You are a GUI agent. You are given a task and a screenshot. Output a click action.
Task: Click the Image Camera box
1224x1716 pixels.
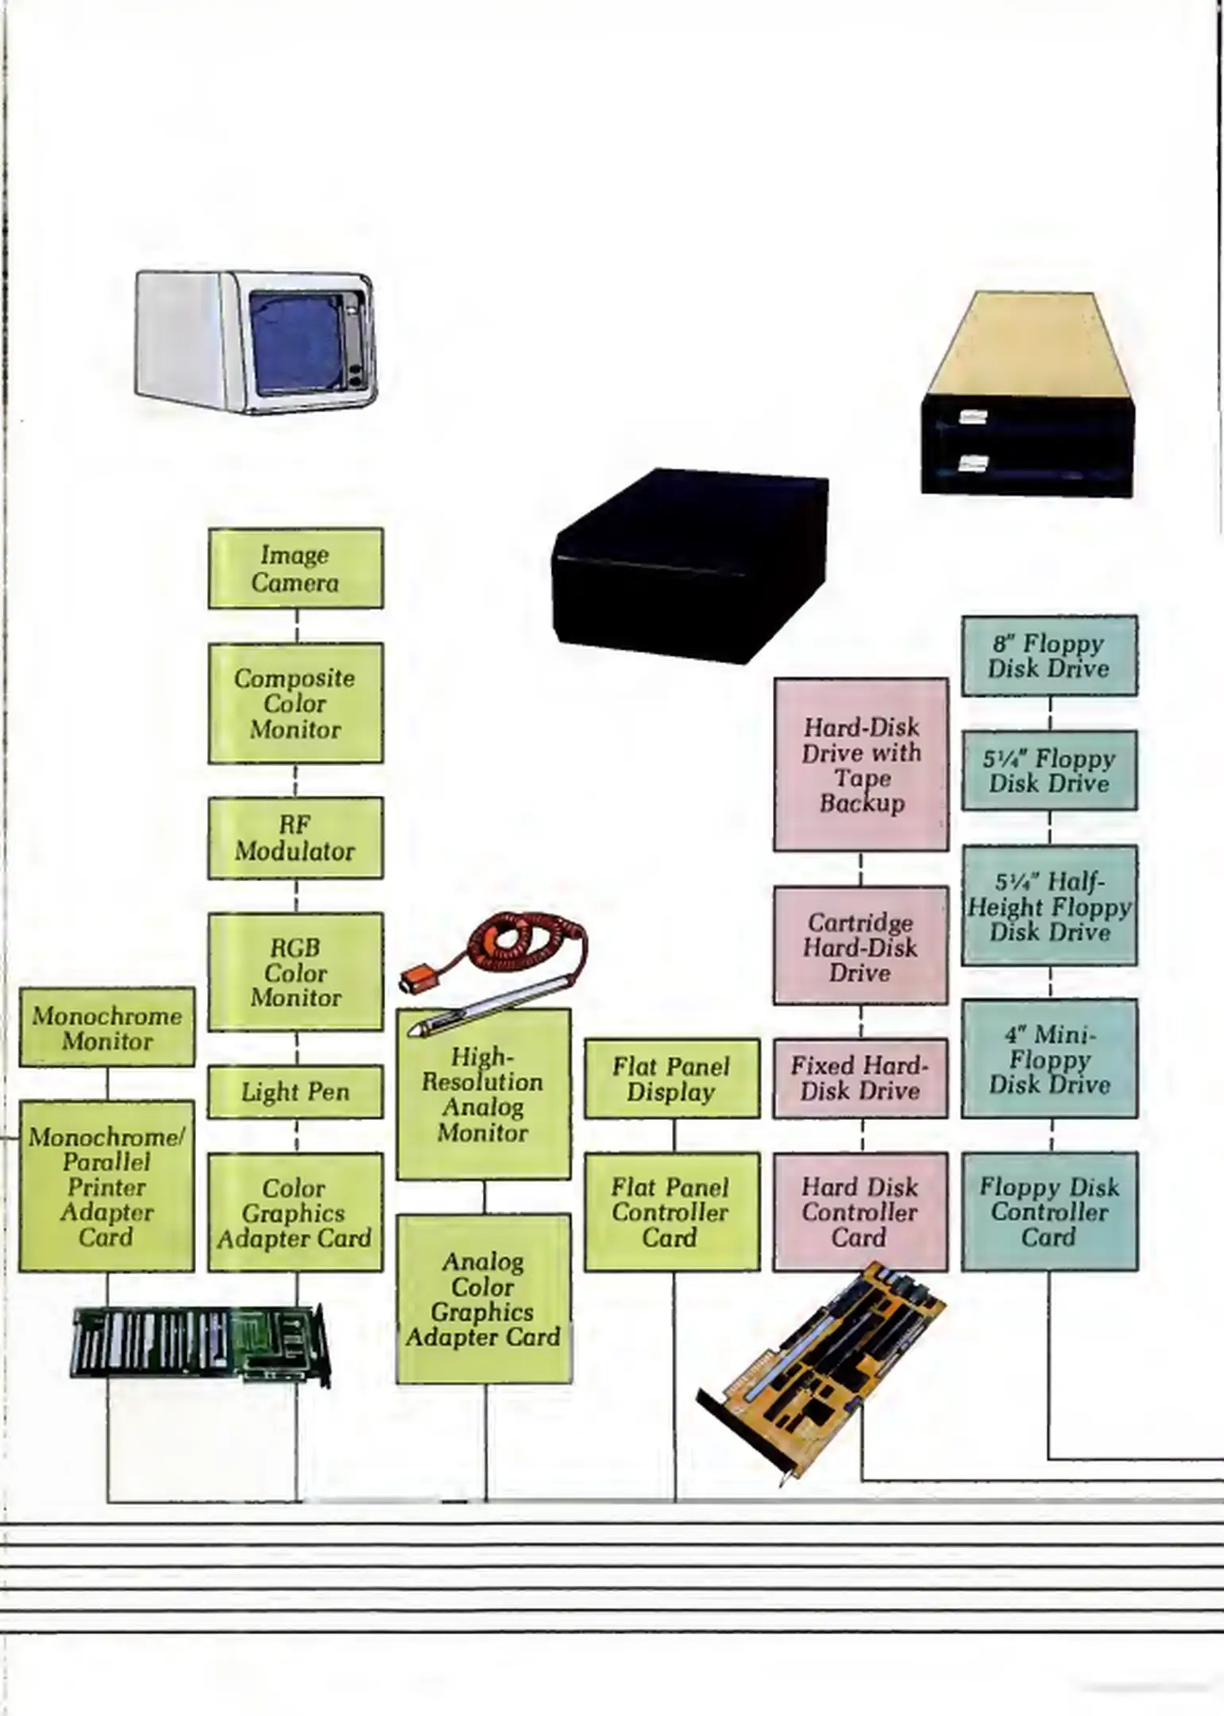coord(295,569)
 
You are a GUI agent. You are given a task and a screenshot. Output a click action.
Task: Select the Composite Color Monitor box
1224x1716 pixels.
coord(295,703)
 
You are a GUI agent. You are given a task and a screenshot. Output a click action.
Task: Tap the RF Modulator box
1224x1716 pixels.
coord(295,838)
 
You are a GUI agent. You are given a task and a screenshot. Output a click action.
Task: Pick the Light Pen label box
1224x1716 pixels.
coord(295,1092)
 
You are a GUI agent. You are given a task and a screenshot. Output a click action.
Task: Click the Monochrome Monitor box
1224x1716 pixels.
coord(107,1027)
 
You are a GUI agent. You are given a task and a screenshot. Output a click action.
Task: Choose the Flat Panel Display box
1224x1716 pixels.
coord(672,1078)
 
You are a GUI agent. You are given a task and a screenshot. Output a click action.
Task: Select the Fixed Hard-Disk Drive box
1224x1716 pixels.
coord(860,1078)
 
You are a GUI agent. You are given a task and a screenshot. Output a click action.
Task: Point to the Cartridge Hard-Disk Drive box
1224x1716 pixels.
coord(860,946)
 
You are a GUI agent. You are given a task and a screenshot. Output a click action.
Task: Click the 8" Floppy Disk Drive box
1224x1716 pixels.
coord(1049,656)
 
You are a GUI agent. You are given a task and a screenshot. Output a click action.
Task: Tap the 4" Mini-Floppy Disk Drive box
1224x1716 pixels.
coord(1049,1058)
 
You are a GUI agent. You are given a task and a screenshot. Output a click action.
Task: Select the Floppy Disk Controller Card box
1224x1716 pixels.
coord(1049,1212)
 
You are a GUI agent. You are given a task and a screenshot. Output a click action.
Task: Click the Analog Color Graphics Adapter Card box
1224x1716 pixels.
coord(484,1299)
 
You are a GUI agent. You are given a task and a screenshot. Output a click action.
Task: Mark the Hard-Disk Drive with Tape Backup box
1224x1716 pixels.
coord(861,764)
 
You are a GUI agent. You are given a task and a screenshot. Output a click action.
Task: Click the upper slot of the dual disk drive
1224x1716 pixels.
coord(1025,418)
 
